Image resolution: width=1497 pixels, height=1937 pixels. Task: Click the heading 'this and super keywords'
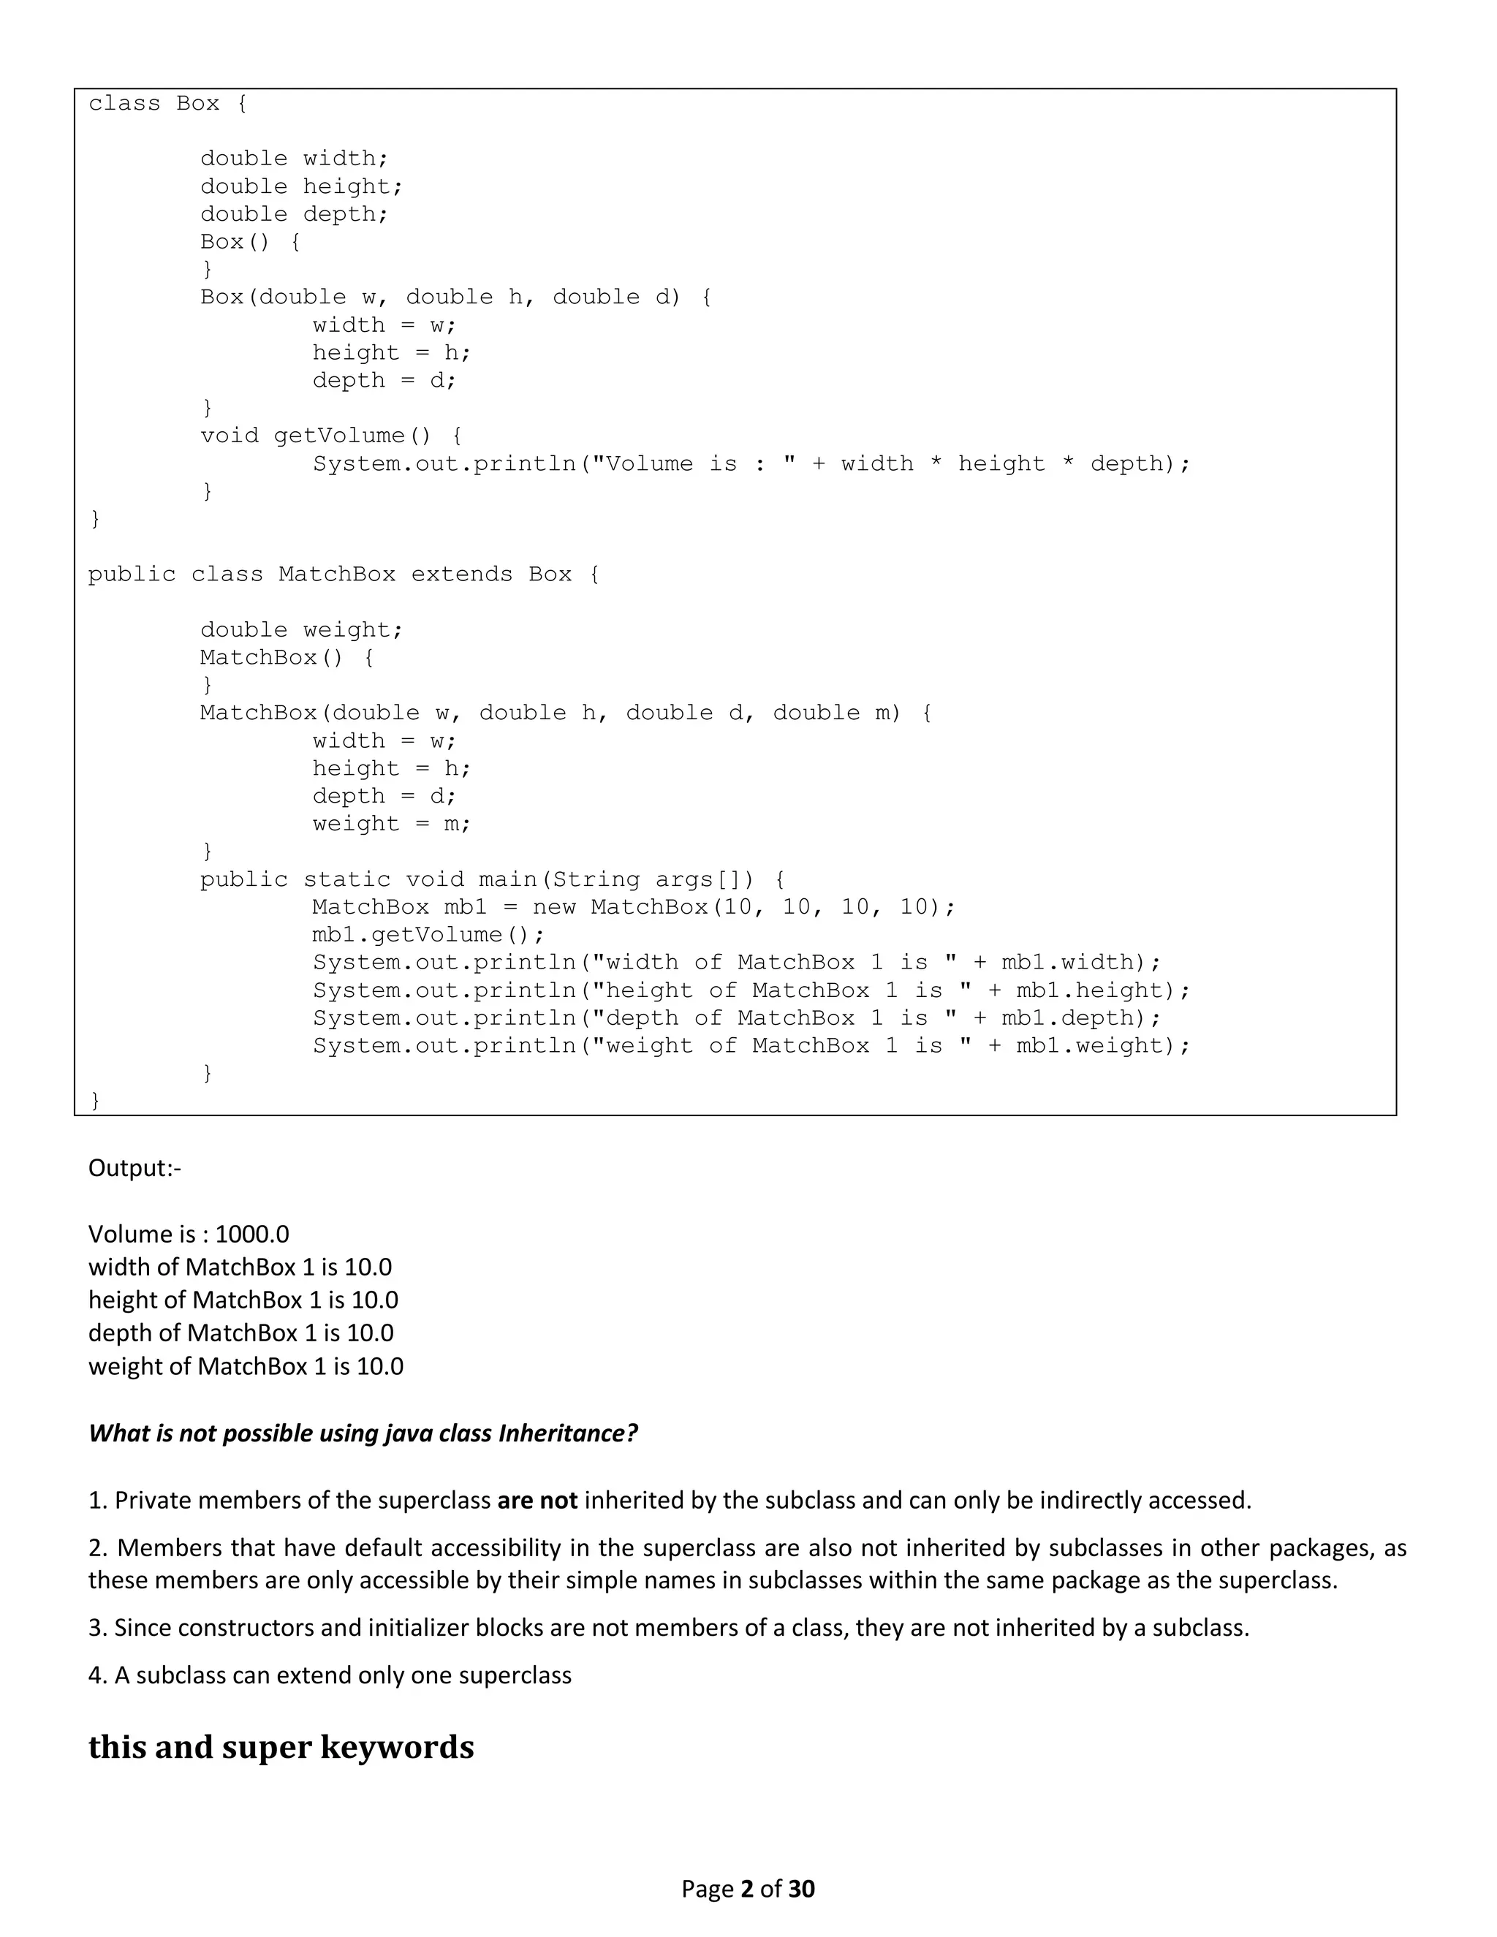pyautogui.click(x=281, y=1748)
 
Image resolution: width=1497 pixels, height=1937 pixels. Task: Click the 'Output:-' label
pyautogui.click(x=134, y=1168)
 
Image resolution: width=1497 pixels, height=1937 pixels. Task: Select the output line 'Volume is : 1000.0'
pyautogui.click(x=189, y=1234)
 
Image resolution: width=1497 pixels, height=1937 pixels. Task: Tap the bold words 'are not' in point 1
pyautogui.click(x=537, y=1500)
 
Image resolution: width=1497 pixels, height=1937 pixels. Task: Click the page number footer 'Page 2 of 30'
pyautogui.click(x=748, y=1888)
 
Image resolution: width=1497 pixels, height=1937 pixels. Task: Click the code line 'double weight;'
pyautogui.click(x=302, y=629)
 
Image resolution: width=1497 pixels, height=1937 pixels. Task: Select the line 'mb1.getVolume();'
pyautogui.click(x=428, y=935)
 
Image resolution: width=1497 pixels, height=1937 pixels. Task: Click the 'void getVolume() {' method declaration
pyautogui.click(x=331, y=436)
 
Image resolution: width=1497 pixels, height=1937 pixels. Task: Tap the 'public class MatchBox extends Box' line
pyautogui.click(x=344, y=575)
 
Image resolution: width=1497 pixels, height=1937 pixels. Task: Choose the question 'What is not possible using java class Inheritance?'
pyautogui.click(x=363, y=1433)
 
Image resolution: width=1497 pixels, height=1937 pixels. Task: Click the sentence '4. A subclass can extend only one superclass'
pyautogui.click(x=330, y=1675)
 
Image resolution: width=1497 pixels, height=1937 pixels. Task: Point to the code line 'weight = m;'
pyautogui.click(x=391, y=824)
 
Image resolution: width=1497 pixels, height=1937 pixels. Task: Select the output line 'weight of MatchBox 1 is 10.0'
pyautogui.click(x=246, y=1366)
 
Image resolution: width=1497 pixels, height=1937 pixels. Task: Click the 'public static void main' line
pyautogui.click(x=492, y=880)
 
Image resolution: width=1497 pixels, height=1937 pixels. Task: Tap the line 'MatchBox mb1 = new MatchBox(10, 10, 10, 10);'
pyautogui.click(x=633, y=907)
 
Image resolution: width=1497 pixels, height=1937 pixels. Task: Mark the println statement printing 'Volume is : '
pyautogui.click(x=751, y=464)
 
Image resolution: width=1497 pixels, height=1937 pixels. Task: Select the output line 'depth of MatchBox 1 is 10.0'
pyautogui.click(x=241, y=1333)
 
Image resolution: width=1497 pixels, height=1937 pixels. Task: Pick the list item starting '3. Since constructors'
pyautogui.click(x=669, y=1628)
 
